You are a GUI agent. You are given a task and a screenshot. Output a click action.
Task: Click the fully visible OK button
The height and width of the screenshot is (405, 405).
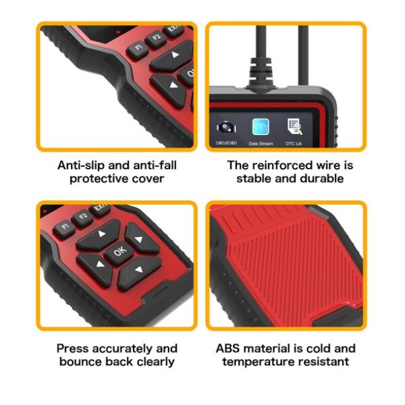pos(119,251)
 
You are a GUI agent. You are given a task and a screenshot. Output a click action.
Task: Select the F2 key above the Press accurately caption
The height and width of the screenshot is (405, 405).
pos(84,217)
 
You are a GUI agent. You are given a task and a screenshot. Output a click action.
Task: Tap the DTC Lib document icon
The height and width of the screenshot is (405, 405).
pos(294,127)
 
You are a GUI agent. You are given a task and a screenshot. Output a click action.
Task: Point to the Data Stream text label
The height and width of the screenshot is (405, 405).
pos(261,143)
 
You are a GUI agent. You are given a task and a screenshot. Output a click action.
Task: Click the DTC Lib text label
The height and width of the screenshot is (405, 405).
pos(295,143)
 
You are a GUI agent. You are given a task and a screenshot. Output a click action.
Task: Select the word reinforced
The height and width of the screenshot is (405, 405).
pos(283,165)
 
